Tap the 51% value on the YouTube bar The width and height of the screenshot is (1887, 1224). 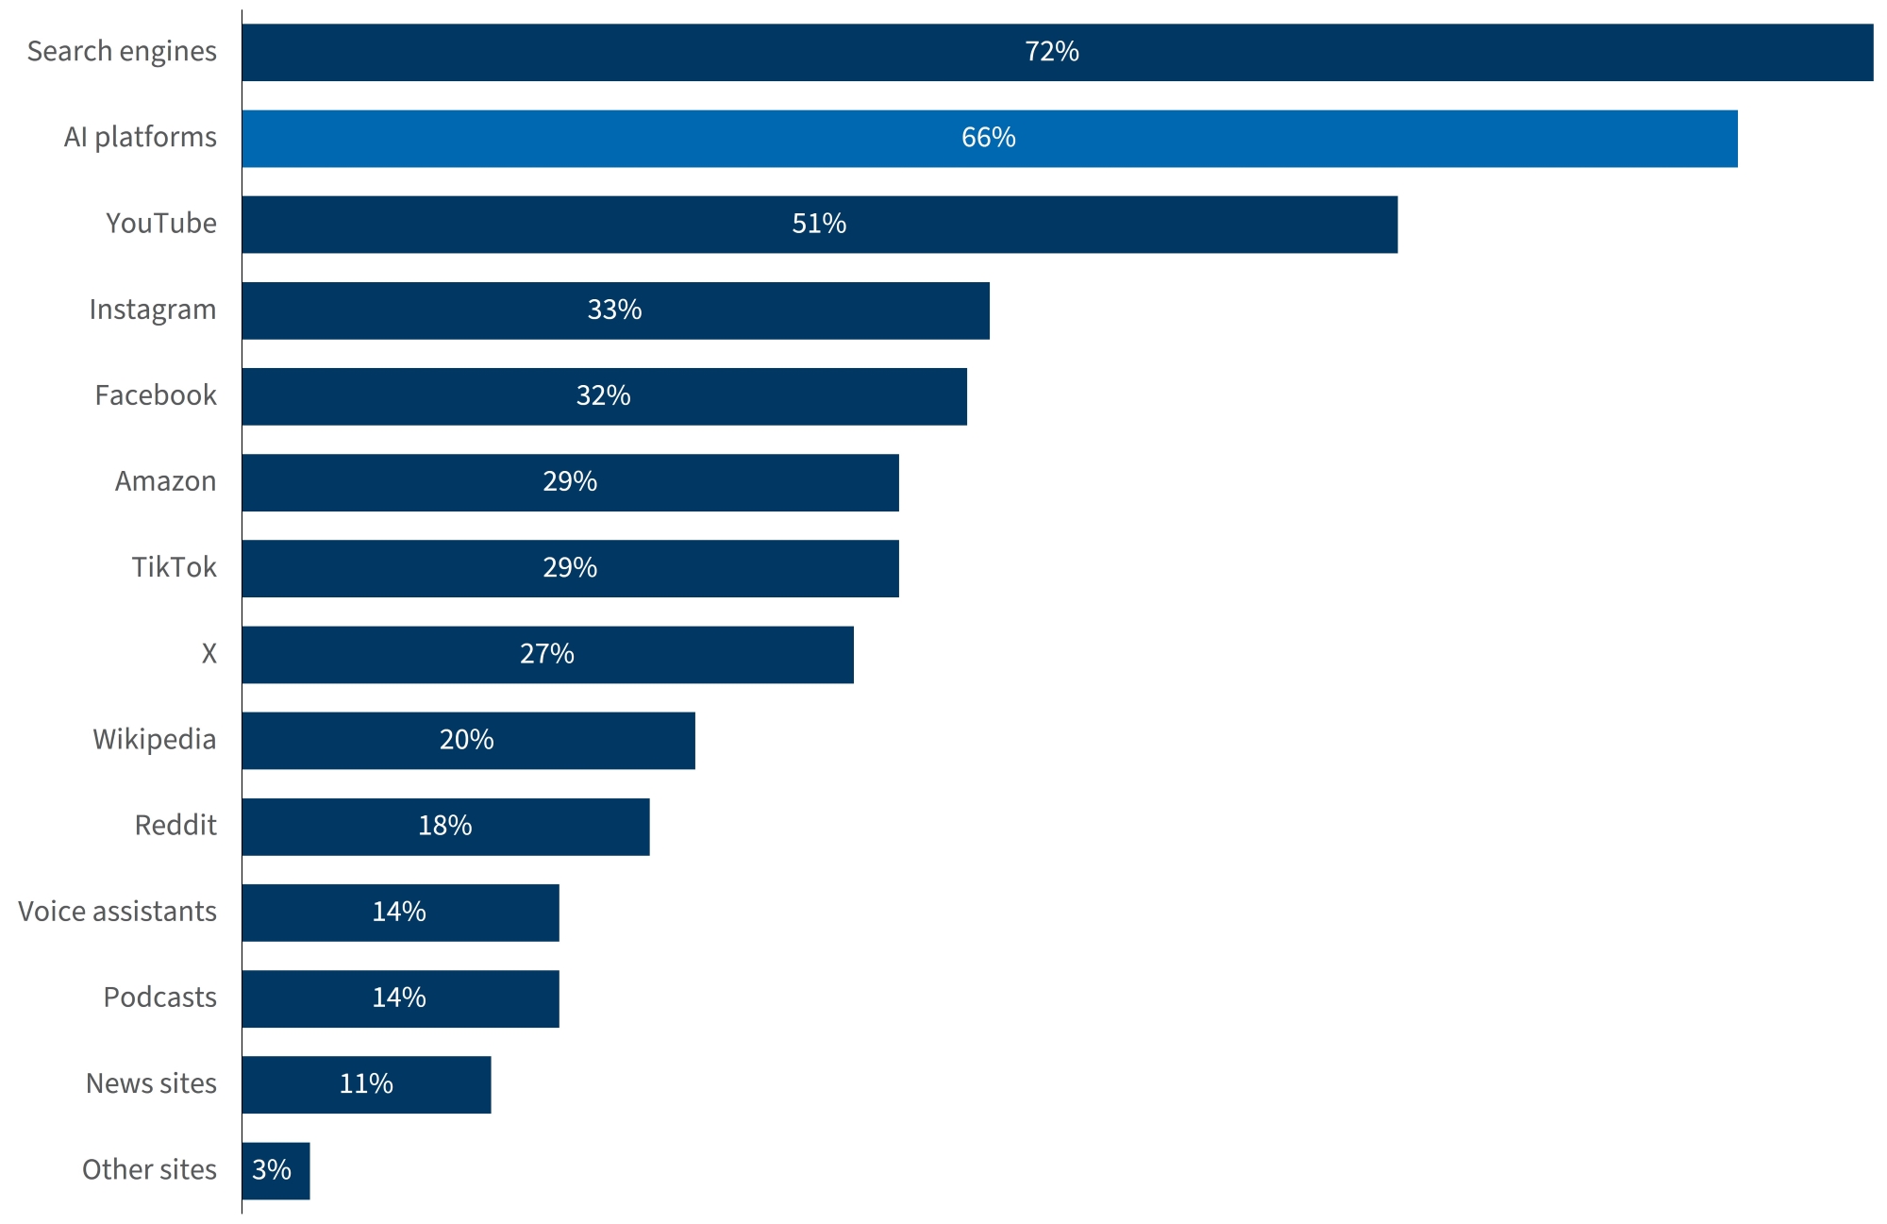click(819, 224)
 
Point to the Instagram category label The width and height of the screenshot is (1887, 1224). click(153, 310)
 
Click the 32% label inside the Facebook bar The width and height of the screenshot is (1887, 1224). click(603, 395)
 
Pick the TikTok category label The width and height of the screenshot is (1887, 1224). click(174, 567)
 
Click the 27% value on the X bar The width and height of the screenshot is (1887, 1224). click(547, 654)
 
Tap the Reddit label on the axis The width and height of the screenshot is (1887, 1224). click(175, 826)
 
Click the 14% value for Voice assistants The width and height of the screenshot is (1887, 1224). click(399, 912)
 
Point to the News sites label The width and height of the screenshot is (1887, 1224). click(151, 1083)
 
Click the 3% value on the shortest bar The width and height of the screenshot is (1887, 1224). click(272, 1170)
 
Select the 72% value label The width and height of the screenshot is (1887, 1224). click(1052, 52)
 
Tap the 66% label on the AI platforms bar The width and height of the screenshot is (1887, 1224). click(989, 138)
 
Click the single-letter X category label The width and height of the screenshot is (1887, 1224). click(209, 654)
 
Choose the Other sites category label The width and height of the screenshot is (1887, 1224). click(149, 1170)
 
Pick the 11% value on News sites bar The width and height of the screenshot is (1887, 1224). click(366, 1083)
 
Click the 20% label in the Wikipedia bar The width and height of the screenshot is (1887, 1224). click(467, 740)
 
